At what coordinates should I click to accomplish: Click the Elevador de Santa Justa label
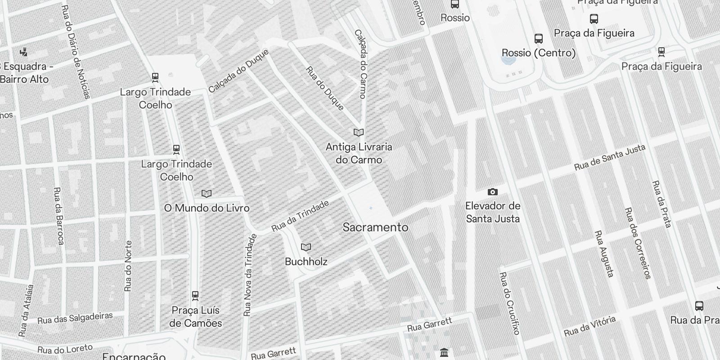click(492, 212)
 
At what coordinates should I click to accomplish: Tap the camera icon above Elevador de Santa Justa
click(493, 192)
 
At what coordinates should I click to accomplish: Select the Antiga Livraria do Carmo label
click(359, 153)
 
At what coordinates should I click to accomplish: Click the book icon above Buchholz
click(306, 247)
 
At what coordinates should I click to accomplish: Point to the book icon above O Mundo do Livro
click(207, 194)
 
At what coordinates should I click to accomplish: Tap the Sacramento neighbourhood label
click(375, 227)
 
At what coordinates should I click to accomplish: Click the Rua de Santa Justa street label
click(610, 157)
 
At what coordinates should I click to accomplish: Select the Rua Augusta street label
click(604, 253)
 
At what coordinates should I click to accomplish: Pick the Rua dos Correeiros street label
click(638, 243)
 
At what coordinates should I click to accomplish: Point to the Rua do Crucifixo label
click(509, 303)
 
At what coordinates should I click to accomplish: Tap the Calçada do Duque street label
click(238, 71)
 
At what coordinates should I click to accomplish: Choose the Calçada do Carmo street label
click(360, 63)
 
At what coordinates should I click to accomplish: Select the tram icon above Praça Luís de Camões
click(195, 296)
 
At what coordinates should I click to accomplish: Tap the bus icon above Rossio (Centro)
click(538, 39)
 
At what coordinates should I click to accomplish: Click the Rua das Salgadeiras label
click(75, 318)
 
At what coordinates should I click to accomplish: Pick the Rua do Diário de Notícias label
click(76, 52)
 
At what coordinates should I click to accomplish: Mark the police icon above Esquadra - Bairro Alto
click(23, 52)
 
